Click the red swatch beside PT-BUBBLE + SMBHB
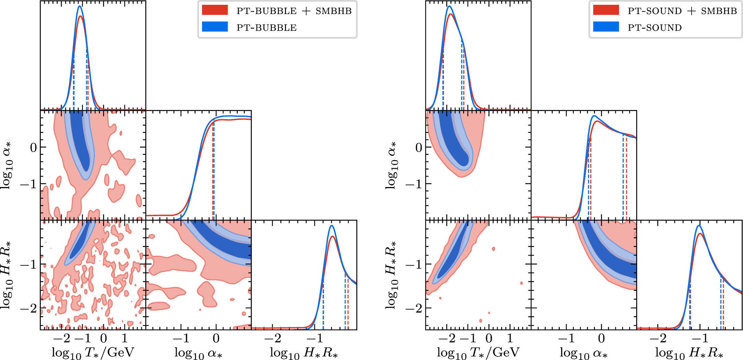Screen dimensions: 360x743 (x=215, y=10)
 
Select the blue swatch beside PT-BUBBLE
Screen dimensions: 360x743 (x=215, y=27)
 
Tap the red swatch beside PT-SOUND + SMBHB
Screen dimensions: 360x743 (x=606, y=10)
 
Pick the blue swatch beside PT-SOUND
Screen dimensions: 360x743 (x=606, y=27)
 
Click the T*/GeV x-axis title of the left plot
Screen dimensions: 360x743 (x=93, y=352)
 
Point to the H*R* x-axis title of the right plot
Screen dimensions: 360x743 (x=689, y=352)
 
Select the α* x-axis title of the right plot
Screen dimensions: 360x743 (x=584, y=352)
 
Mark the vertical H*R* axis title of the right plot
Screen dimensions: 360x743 (x=393, y=275)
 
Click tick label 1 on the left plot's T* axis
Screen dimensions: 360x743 (x=124, y=338)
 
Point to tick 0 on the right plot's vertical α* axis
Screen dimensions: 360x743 (x=419, y=148)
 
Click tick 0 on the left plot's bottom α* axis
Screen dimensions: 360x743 (x=216, y=338)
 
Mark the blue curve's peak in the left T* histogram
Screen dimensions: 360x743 (x=79, y=6)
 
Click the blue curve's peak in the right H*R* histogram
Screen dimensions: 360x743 (x=699, y=225)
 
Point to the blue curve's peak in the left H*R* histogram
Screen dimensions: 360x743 (x=332, y=225)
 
